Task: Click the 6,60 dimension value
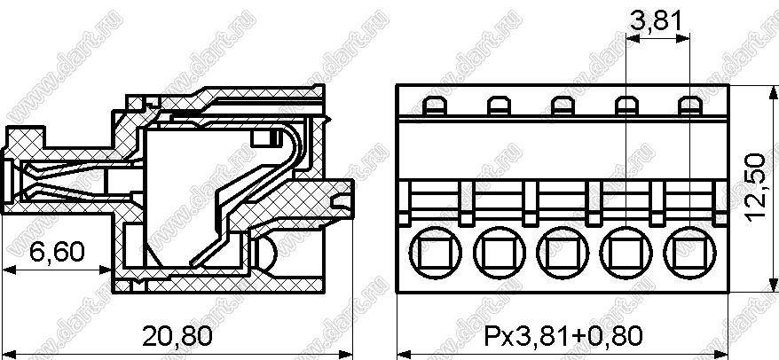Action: [x=57, y=252]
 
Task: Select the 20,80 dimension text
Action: [x=177, y=336]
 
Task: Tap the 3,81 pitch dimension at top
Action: [x=657, y=22]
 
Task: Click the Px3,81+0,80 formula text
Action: [x=563, y=336]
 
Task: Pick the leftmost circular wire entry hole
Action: [x=436, y=253]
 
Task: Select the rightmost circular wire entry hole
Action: [x=690, y=253]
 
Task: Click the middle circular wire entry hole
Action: [x=563, y=253]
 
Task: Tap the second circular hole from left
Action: [x=500, y=253]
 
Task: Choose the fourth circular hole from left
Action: [x=626, y=253]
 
